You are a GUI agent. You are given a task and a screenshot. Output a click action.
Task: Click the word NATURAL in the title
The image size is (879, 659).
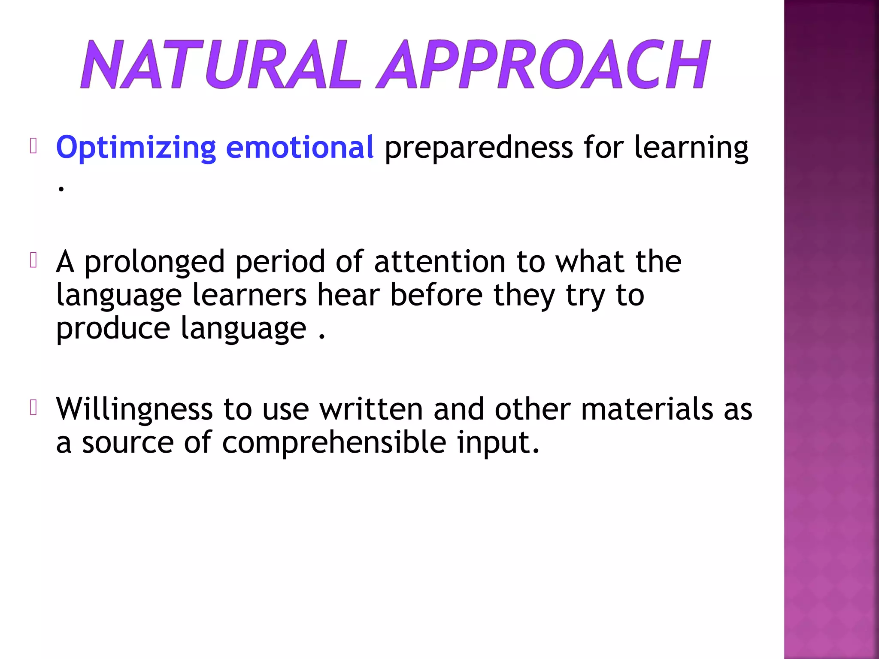[220, 64]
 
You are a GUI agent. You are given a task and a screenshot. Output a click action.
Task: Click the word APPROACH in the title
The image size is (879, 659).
[543, 64]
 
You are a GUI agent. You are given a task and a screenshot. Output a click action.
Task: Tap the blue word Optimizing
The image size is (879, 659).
[136, 148]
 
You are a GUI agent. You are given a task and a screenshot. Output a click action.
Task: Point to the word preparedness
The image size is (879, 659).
[478, 148]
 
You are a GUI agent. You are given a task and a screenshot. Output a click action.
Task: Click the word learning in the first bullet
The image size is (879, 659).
[691, 148]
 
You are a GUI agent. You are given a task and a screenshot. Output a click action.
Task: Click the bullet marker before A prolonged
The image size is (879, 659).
[34, 260]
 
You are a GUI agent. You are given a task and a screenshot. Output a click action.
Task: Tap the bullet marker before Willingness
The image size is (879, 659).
[34, 408]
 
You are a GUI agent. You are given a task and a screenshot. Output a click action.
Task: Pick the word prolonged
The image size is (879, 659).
[154, 263]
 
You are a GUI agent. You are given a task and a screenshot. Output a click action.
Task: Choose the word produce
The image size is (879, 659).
[113, 329]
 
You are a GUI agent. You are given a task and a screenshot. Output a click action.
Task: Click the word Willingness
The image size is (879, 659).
[134, 410]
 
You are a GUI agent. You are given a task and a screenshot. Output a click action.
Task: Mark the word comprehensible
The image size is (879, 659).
[334, 443]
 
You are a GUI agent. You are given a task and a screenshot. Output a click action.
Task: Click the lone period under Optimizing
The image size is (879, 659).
[61, 188]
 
